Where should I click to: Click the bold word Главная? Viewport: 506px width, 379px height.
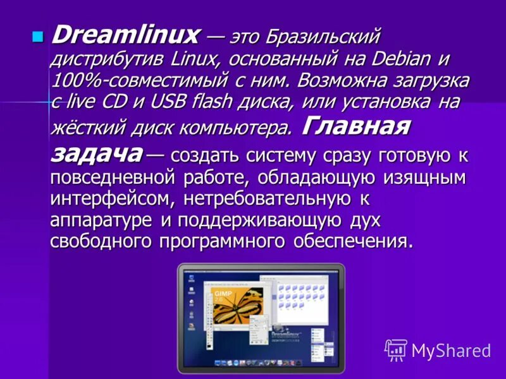(x=356, y=126)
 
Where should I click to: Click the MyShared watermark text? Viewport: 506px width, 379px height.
(x=451, y=349)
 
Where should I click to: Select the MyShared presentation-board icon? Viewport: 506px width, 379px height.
(x=396, y=349)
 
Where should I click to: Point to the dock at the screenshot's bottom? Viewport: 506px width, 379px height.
(x=259, y=363)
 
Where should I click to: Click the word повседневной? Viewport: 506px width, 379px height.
(x=126, y=177)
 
